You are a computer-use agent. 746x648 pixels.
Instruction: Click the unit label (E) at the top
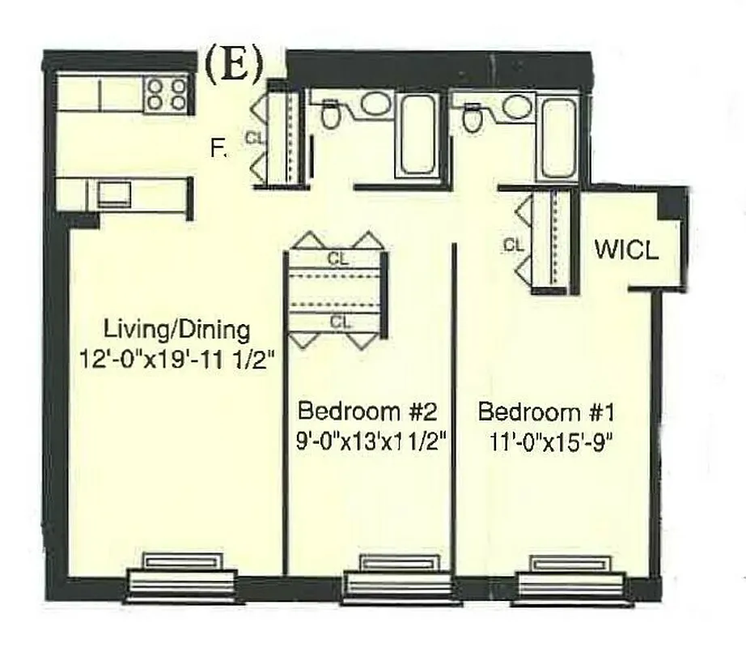click(234, 66)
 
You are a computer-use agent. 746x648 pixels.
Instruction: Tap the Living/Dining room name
click(176, 330)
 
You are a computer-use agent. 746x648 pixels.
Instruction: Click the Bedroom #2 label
click(368, 411)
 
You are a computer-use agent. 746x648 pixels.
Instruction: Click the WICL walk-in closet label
click(626, 249)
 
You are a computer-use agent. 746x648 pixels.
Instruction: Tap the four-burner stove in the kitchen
click(167, 92)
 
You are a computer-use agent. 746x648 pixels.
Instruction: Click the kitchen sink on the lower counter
click(114, 194)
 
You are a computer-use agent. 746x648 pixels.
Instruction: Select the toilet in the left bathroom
click(330, 115)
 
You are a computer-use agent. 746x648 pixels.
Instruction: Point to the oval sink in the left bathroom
click(375, 104)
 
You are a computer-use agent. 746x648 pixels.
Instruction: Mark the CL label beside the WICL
click(512, 245)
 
